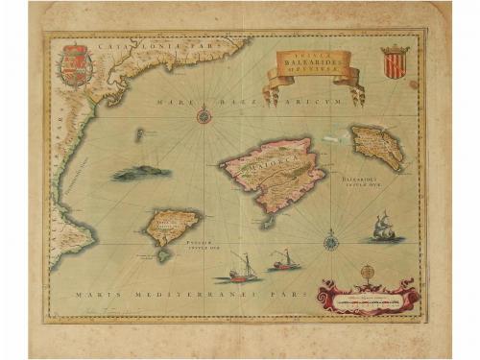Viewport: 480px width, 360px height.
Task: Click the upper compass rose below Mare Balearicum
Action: coord(204,116)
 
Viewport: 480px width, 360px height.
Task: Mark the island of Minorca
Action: coord(375,148)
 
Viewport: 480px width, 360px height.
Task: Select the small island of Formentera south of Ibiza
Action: coord(165,255)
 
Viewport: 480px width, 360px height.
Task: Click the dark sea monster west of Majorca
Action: coord(142,174)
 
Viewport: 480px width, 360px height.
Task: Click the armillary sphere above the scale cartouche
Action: coord(367,273)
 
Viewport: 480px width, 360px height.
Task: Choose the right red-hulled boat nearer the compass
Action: coord(284,259)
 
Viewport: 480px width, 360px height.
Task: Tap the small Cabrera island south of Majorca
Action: coord(270,223)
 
